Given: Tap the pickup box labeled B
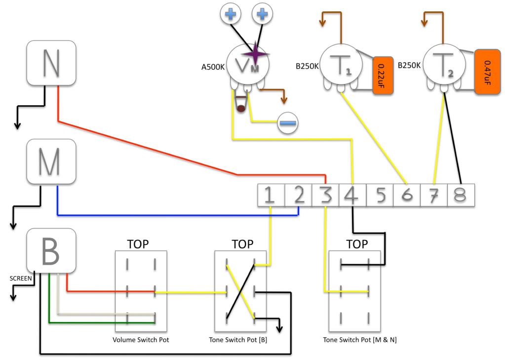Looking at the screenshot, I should [51, 251].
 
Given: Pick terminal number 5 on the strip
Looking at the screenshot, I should [380, 196].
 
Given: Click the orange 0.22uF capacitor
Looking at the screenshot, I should [382, 75].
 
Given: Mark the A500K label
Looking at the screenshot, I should [213, 67].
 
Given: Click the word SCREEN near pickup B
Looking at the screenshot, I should [21, 279].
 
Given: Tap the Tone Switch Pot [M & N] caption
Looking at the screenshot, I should [359, 340].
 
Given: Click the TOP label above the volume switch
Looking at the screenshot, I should [138, 244].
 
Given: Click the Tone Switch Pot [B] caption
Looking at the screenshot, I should [242, 340].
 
